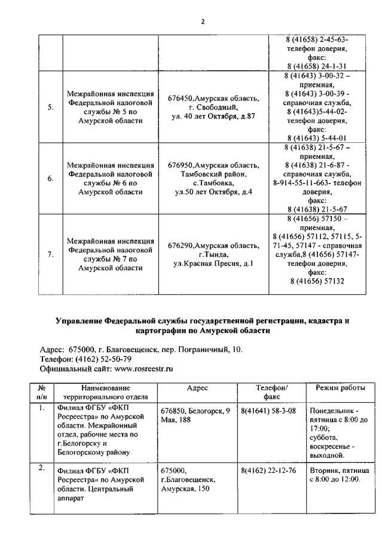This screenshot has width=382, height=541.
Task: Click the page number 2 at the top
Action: point(203,22)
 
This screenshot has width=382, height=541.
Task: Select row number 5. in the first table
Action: point(51,108)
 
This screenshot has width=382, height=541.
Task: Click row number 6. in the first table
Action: point(51,178)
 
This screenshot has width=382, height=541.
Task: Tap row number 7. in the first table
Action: point(51,255)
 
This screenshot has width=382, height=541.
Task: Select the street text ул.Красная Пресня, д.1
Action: point(213,263)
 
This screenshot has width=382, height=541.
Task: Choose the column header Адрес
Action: point(197,388)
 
